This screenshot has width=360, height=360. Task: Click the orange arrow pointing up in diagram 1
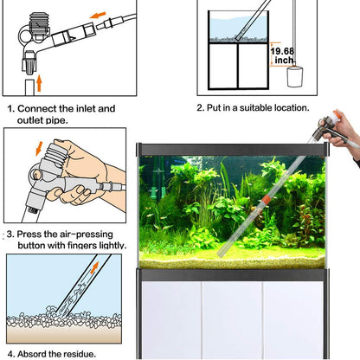pyautogui.click(x=37, y=85)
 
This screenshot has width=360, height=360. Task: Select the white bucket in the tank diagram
pyautogui.click(x=296, y=76)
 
